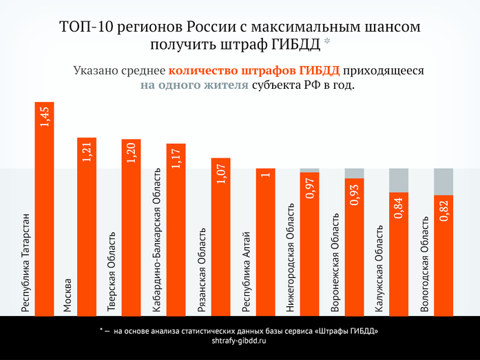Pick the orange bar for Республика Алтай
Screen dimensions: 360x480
[265, 241]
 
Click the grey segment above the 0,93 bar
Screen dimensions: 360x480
[354, 173]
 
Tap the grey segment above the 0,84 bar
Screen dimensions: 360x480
[399, 180]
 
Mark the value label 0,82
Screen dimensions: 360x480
[444, 211]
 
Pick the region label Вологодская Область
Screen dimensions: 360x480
[424, 265]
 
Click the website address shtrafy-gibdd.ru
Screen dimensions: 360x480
[240, 341]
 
